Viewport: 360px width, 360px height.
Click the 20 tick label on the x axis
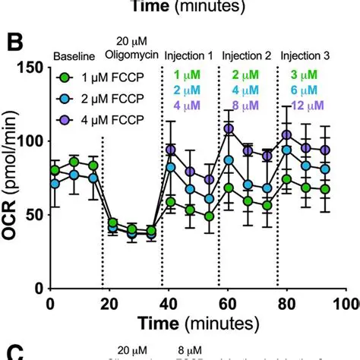tap(109, 303)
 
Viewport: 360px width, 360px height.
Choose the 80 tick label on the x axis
tap(287, 303)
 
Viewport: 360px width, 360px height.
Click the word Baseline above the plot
tap(74, 57)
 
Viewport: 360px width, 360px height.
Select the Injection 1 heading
tap(191, 57)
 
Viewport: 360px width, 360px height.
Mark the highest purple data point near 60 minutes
tap(229, 129)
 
